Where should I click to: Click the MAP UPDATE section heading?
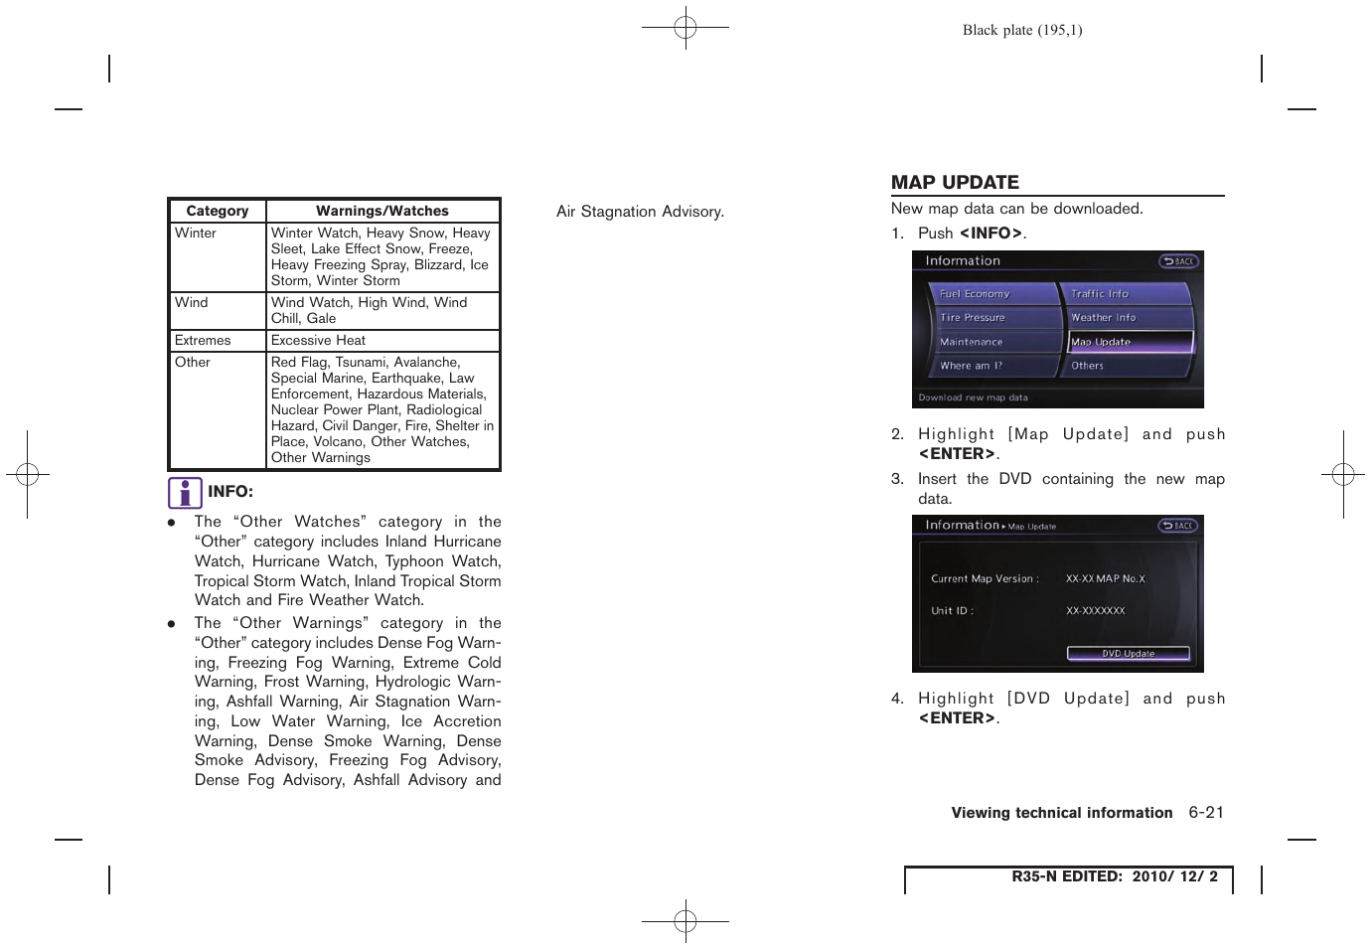(955, 183)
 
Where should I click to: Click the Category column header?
(218, 211)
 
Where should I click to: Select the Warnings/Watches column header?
(382, 211)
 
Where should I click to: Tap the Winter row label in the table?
(196, 233)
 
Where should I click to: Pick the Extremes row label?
(203, 340)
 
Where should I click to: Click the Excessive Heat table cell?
(318, 340)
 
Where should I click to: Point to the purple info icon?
(185, 493)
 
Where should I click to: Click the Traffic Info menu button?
(1125, 294)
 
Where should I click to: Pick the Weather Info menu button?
(1125, 318)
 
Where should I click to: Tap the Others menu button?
(1125, 366)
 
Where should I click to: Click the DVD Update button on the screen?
(1128, 654)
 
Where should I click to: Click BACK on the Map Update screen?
(1178, 526)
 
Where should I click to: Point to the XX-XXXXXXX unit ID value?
(1095, 611)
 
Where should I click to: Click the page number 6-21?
(1206, 813)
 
